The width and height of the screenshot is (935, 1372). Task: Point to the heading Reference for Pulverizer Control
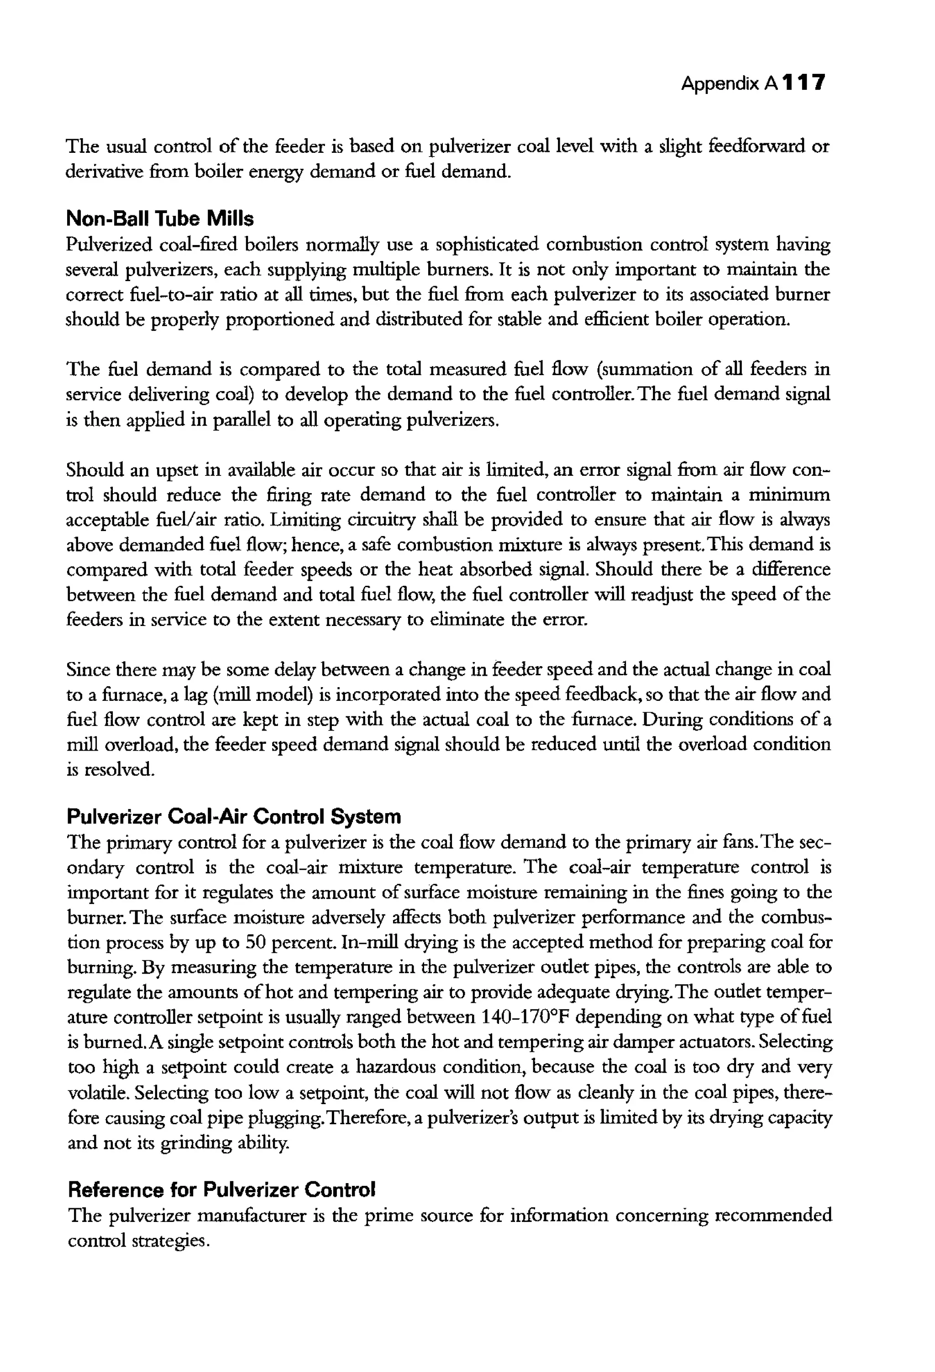[221, 1189]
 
